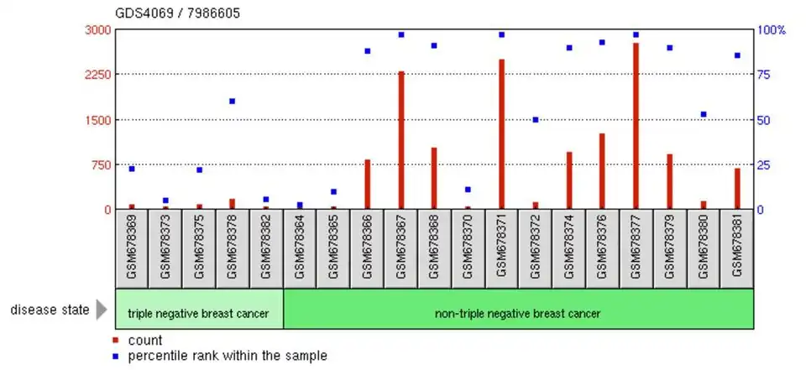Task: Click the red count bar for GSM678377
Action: point(636,126)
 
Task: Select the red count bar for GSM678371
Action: point(501,134)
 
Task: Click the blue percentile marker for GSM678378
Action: point(233,101)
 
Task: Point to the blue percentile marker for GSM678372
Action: point(535,120)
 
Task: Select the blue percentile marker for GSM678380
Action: point(704,114)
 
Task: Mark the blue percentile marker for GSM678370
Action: point(468,190)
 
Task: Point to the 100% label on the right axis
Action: point(772,29)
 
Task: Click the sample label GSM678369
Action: point(132,248)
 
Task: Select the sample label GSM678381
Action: point(737,248)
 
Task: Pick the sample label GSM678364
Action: point(300,248)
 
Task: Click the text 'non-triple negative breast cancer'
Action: point(517,314)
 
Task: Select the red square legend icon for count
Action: point(116,341)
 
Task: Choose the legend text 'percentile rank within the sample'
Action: point(227,356)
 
